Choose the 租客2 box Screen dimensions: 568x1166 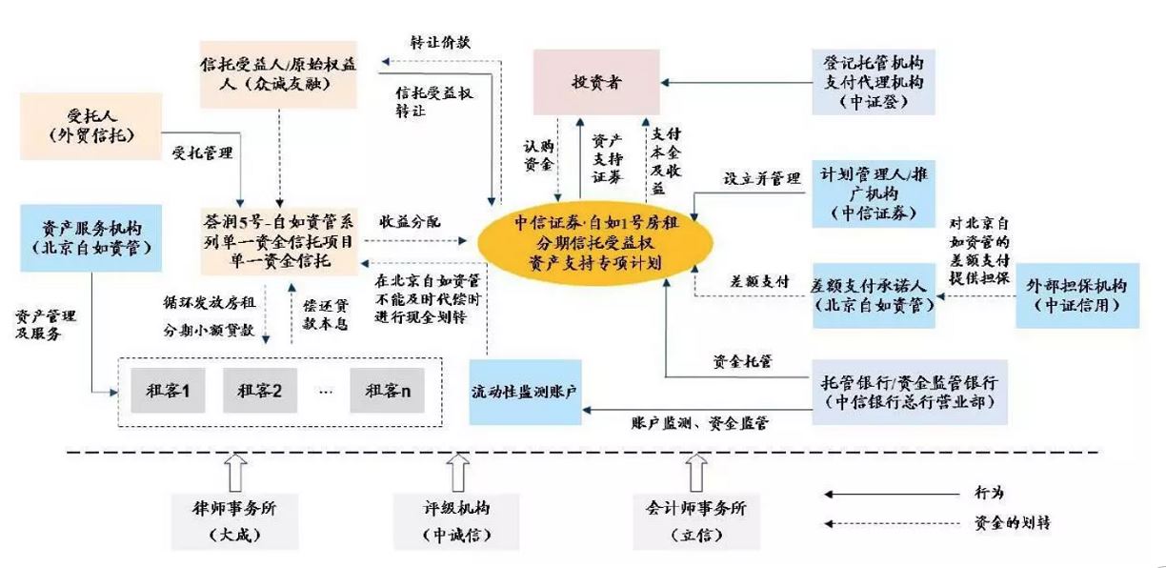[259, 390]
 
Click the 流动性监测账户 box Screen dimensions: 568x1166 [525, 392]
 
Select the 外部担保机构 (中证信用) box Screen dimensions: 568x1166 [1076, 295]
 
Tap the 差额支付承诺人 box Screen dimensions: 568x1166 [873, 296]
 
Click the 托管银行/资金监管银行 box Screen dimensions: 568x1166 [908, 392]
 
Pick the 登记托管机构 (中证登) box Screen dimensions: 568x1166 [874, 82]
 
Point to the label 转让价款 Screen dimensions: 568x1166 [440, 43]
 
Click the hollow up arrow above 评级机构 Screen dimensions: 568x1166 [459, 472]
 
